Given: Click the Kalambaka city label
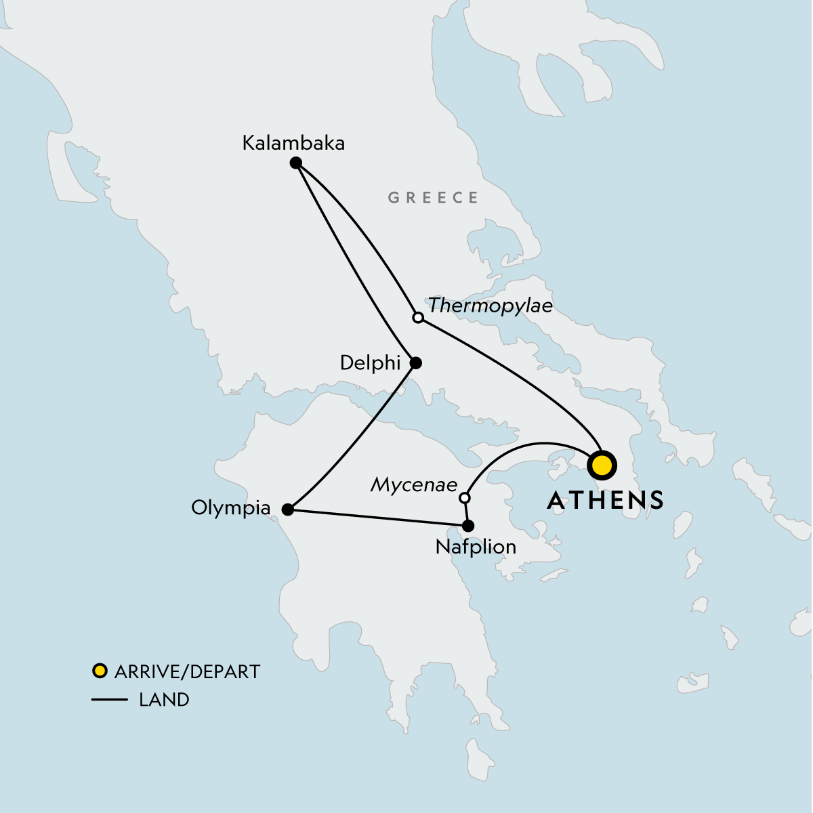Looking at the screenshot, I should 293,143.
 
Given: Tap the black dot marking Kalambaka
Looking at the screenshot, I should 295,163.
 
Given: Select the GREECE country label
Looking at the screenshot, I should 433,198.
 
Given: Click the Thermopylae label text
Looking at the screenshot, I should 490,306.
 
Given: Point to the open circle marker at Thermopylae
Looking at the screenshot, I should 418,318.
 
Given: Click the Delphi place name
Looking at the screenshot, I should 370,363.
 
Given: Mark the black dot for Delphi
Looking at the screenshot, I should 416,363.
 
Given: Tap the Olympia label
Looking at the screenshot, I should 230,507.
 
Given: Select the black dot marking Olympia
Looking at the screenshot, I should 287,509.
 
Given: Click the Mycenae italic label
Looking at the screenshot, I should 414,485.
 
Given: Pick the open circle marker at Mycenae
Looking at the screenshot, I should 464,498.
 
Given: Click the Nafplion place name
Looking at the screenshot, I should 476,547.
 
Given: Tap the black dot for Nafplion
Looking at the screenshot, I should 467,526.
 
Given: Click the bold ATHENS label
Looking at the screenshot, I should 605,500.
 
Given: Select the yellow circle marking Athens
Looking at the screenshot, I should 602,466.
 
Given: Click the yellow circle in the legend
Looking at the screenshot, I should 100,671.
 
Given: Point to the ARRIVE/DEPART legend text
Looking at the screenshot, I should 187,672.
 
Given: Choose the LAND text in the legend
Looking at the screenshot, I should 164,700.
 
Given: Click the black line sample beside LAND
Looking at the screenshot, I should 109,700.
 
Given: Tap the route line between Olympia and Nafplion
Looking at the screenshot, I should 377,518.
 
